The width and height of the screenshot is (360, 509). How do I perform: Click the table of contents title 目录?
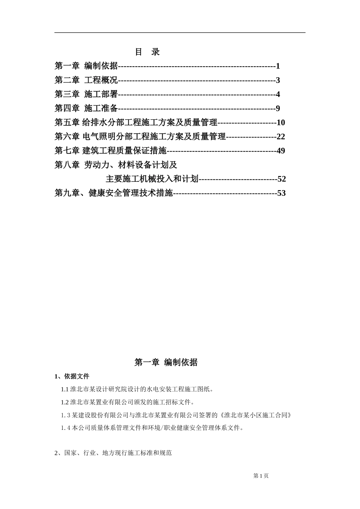tap(147, 52)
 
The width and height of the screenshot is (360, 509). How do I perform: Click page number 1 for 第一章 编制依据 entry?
tap(278, 66)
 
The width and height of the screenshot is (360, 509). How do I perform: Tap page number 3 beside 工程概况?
tap(278, 80)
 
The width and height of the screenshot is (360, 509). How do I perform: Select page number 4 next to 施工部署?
tap(278, 94)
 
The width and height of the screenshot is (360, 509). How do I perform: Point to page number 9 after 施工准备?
tap(278, 109)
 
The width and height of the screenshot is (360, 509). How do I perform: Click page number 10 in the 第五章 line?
tap(281, 123)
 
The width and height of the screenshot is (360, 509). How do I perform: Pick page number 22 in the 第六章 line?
tap(281, 137)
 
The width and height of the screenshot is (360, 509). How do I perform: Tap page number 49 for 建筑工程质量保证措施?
tap(281, 151)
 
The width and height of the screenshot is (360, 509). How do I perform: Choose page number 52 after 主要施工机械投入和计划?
tap(282, 179)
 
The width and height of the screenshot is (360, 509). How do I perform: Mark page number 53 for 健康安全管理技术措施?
tap(282, 193)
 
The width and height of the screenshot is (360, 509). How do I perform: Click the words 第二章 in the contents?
tap(67, 80)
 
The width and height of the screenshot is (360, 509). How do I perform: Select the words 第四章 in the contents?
tap(67, 109)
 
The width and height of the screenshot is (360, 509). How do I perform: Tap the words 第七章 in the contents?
tap(67, 151)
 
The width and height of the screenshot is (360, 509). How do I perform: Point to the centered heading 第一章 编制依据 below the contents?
tap(166, 362)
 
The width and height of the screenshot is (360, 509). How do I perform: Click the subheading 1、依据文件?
tap(72, 376)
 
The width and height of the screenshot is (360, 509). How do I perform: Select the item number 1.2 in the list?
tap(65, 402)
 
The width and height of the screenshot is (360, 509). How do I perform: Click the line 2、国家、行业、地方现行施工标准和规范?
tap(113, 453)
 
